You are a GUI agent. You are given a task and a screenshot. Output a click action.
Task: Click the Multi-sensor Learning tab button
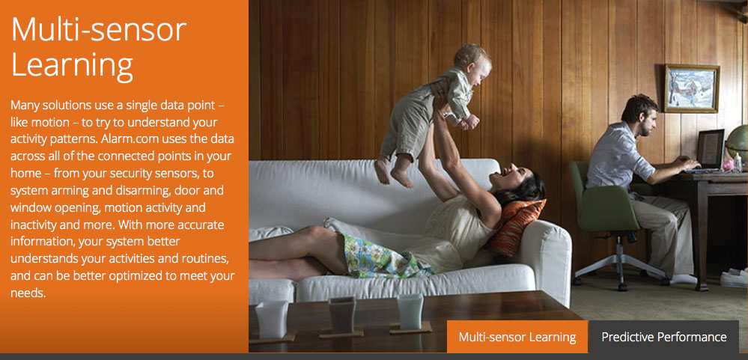[x=517, y=337]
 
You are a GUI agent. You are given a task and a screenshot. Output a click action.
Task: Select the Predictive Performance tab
[x=664, y=337]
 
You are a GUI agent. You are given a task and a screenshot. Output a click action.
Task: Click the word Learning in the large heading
[x=72, y=66]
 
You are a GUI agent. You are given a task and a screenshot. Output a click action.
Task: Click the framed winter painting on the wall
[x=692, y=88]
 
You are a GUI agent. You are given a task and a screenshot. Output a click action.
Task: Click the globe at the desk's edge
[x=738, y=143]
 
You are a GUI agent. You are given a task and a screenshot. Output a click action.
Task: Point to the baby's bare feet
[x=394, y=172]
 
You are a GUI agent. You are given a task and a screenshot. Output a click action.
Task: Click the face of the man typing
[x=646, y=121]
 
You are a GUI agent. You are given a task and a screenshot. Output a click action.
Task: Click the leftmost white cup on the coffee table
[x=272, y=319]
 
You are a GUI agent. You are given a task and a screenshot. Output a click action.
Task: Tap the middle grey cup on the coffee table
[x=342, y=314]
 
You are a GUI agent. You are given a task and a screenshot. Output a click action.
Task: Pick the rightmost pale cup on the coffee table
[x=410, y=311]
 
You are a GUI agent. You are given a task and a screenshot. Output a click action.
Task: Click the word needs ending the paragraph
[x=28, y=293]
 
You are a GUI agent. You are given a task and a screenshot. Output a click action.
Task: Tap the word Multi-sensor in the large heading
[x=98, y=29]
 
